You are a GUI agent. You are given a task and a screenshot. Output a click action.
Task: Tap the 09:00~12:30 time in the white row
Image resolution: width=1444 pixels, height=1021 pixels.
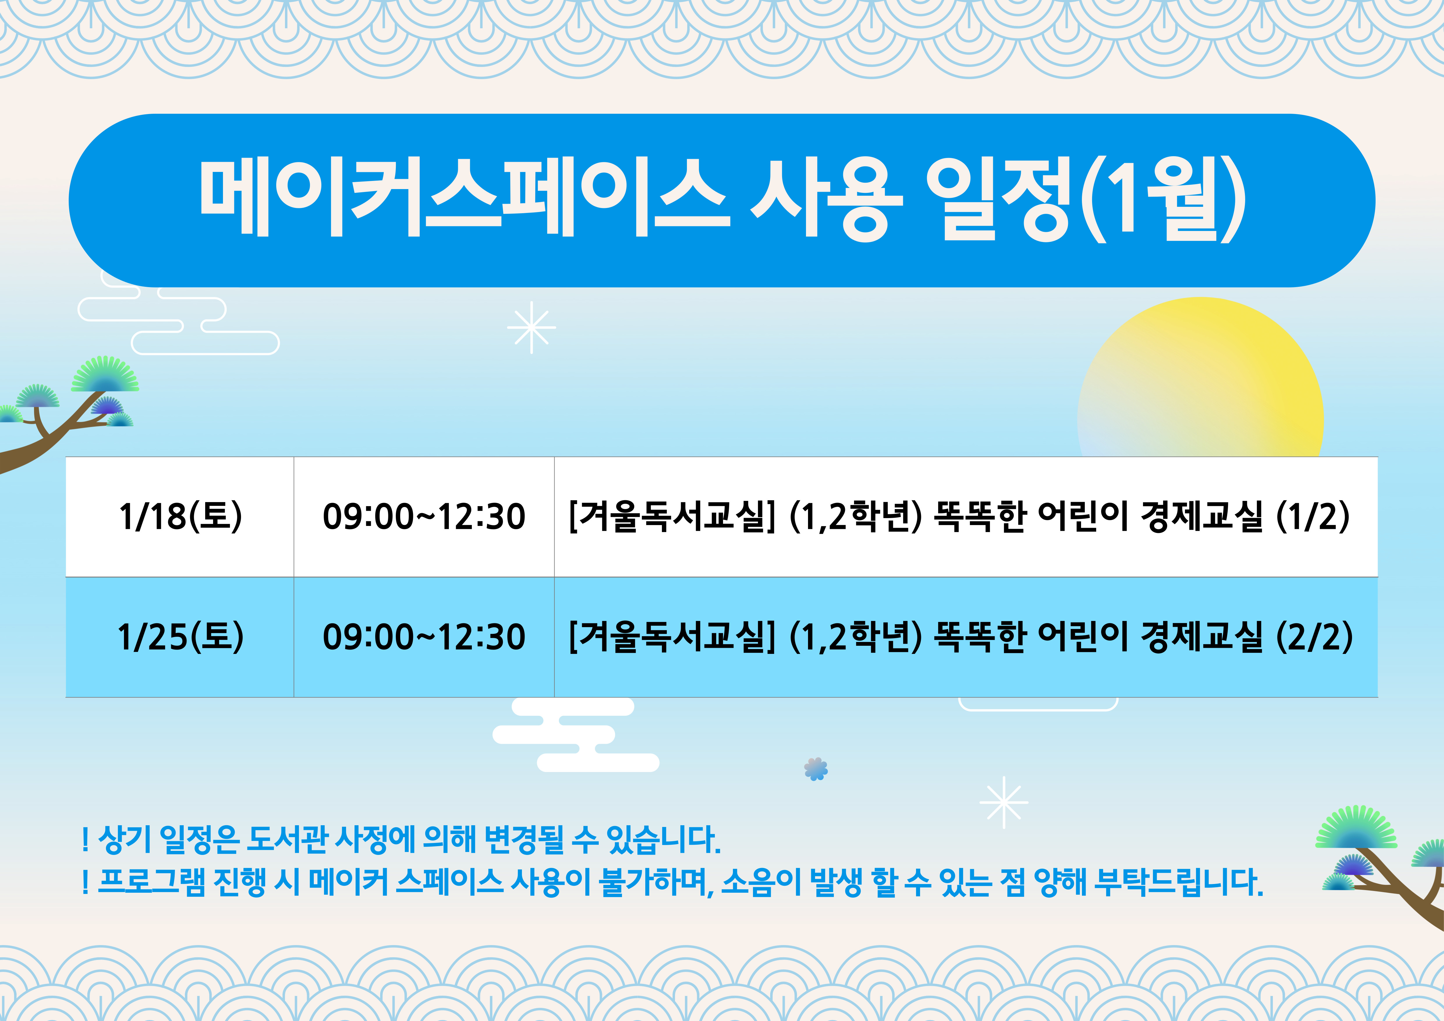[424, 517]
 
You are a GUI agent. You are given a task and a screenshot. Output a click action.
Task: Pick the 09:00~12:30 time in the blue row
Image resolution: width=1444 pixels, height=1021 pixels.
[424, 637]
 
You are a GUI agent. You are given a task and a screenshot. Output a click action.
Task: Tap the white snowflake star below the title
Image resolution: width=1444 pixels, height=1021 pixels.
[531, 327]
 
